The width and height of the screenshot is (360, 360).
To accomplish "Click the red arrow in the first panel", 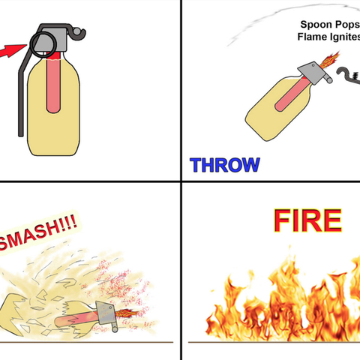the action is [x=13, y=51].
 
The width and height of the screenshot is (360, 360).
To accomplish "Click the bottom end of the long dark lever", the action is [x=21, y=135].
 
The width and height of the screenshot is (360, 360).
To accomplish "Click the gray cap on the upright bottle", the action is [x=54, y=40].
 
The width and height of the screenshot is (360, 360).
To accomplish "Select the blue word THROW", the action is [x=225, y=165].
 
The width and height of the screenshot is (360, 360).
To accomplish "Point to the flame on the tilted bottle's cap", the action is [x=329, y=60].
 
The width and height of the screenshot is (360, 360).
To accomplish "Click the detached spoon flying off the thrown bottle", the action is [x=349, y=76].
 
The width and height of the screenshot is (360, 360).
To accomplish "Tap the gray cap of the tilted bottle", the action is [x=313, y=73].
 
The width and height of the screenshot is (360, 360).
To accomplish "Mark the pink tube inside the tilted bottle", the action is [x=291, y=94].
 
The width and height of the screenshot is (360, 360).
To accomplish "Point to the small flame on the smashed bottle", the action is [x=126, y=313].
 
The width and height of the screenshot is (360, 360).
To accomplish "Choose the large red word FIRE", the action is [x=307, y=220].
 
